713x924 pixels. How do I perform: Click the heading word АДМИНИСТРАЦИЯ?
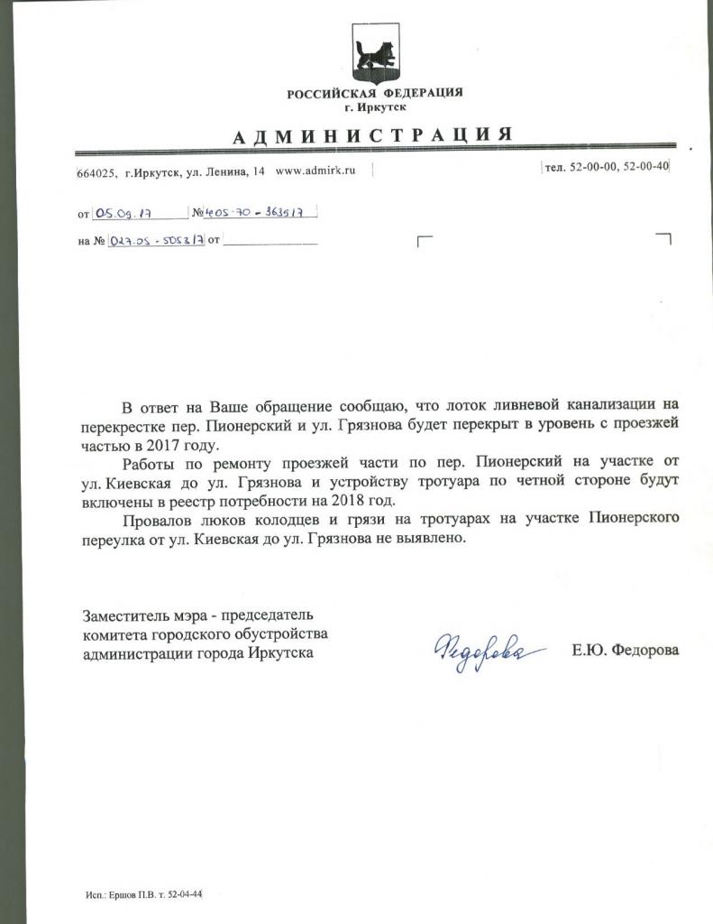pyautogui.click(x=373, y=135)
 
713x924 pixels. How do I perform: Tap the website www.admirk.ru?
pyautogui.click(x=315, y=171)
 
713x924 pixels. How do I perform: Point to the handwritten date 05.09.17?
pyautogui.click(x=123, y=214)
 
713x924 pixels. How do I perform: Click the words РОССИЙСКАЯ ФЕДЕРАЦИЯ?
pyautogui.click(x=374, y=94)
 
